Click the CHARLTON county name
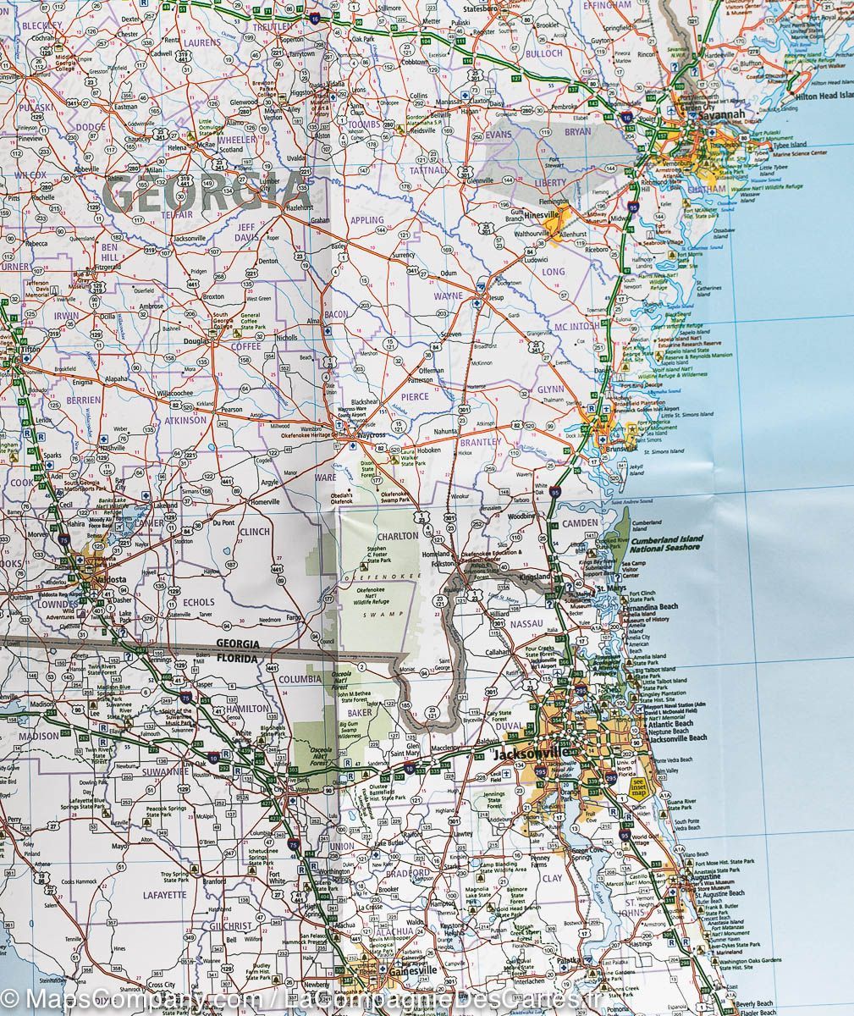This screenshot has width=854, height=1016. (399, 536)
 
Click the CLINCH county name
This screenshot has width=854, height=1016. (254, 532)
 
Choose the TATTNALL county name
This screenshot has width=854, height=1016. (432, 169)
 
